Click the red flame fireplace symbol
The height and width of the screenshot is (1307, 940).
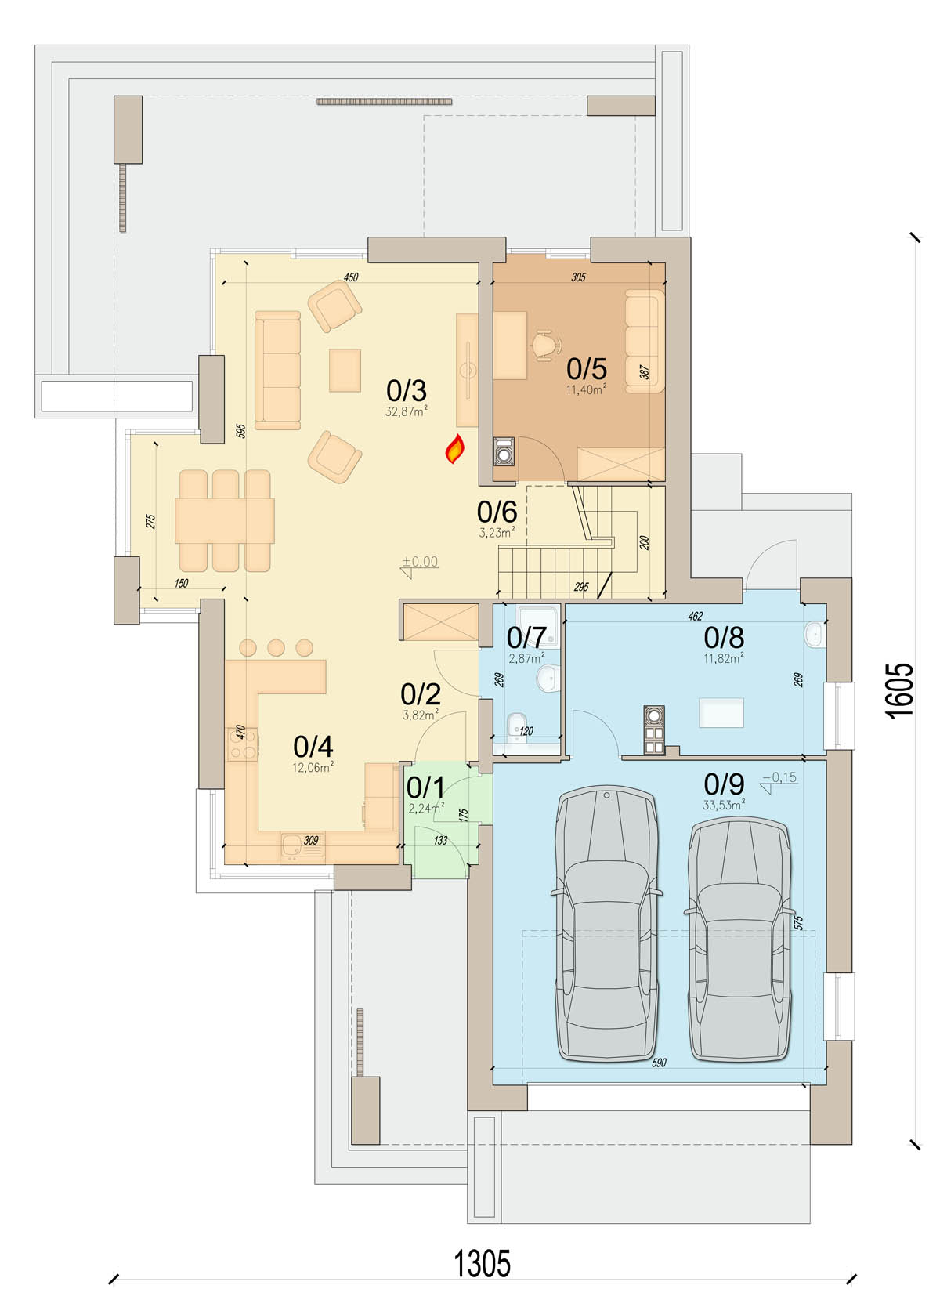coord(455,449)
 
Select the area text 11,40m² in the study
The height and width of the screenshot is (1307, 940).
coord(586,389)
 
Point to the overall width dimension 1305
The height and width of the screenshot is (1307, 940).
coord(482,1263)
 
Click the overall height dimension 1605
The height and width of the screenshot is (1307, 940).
coord(898,690)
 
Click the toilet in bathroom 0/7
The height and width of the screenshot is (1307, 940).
coord(516,726)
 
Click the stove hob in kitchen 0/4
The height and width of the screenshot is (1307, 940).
coord(242,744)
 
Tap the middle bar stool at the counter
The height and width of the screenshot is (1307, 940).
coord(276,648)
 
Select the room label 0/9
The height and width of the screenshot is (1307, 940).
coord(724,784)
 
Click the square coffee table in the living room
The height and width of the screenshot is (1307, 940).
coord(345,371)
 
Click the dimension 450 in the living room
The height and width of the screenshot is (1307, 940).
coord(350,277)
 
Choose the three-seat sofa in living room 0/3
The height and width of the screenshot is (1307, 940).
coord(277,370)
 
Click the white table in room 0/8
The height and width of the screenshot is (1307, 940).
coord(721,712)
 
